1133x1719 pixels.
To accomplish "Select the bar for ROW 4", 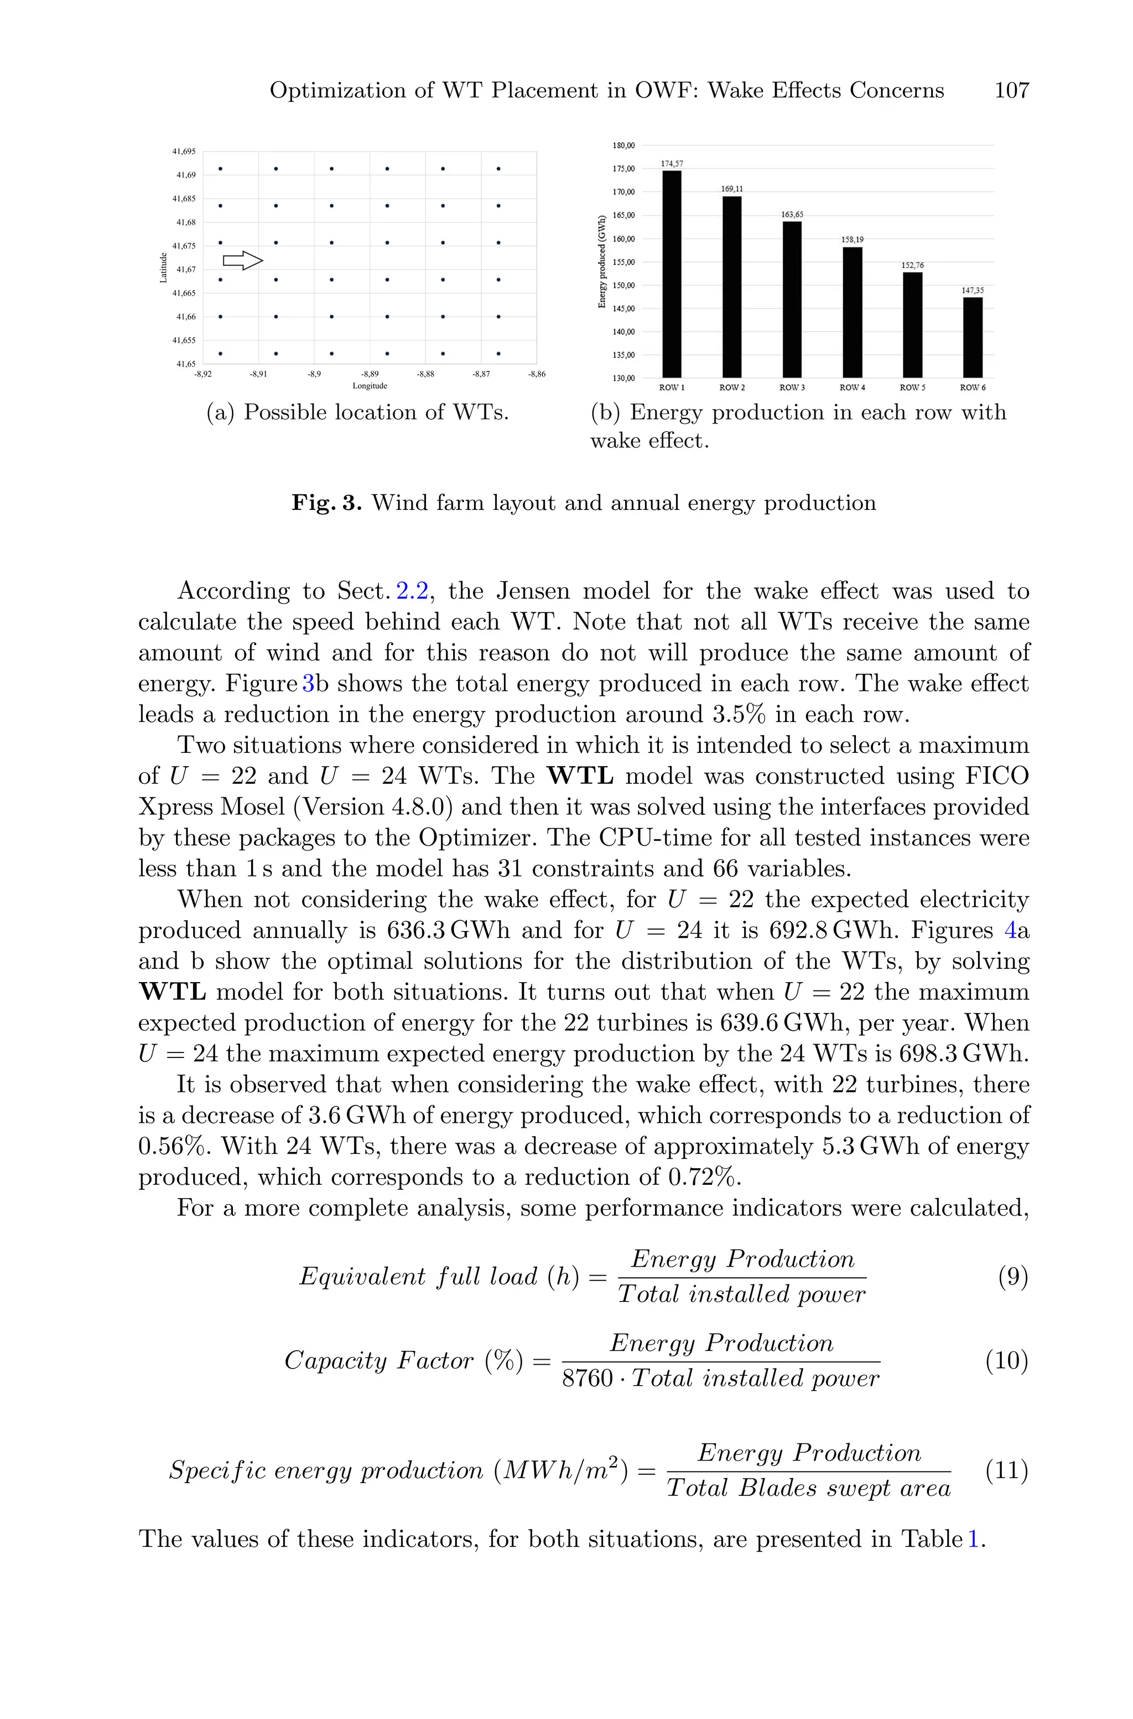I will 852,312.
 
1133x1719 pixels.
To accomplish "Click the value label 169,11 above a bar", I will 731,189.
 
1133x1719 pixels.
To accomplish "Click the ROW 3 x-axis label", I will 792,388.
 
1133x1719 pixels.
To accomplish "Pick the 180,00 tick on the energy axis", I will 623,145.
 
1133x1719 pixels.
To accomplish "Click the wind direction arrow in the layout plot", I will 242,261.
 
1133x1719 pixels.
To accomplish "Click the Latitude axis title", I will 164,267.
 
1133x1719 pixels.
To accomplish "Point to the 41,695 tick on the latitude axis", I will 184,152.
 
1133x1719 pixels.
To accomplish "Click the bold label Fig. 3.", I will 326,503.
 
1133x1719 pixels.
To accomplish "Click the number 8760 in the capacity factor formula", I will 587,1379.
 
